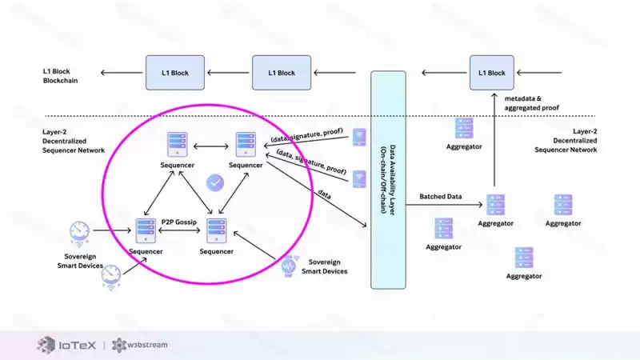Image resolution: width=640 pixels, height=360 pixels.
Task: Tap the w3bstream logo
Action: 142,345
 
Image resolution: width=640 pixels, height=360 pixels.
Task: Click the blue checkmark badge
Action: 214,183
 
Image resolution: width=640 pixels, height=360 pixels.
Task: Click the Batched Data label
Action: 441,195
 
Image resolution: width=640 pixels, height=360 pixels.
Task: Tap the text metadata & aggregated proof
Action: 531,102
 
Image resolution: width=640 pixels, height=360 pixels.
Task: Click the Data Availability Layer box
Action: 388,180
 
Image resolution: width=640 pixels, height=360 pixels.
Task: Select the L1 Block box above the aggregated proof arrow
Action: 492,73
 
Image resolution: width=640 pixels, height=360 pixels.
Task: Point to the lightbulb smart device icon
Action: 290,264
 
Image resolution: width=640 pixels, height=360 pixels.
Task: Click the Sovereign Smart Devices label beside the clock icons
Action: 79,259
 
